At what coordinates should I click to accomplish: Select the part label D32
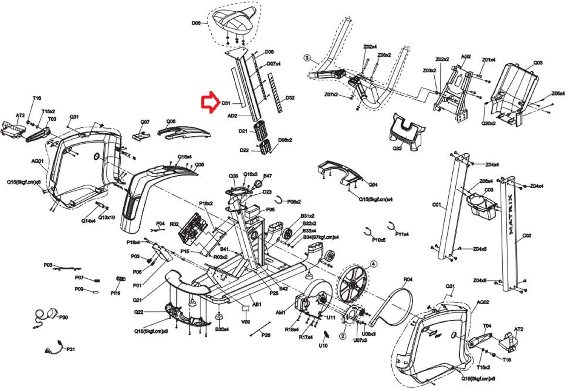pyautogui.click(x=290, y=98)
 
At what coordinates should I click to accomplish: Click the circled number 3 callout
pyautogui.click(x=307, y=58)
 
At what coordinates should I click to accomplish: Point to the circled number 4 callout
pyautogui.click(x=374, y=264)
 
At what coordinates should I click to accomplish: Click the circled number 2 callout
pyautogui.click(x=343, y=336)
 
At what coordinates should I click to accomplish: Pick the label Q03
pyautogui.click(x=538, y=62)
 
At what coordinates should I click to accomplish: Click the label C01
pyautogui.click(x=436, y=205)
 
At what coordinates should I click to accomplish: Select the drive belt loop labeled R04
pyautogui.click(x=389, y=302)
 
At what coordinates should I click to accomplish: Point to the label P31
pyautogui.click(x=70, y=349)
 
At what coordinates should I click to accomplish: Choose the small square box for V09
pyautogui.click(x=246, y=308)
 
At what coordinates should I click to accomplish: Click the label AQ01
pyautogui.click(x=37, y=161)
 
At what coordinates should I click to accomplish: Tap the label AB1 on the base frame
pyautogui.click(x=257, y=304)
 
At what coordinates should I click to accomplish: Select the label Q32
pyautogui.click(x=397, y=148)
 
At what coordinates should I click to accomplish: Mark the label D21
pyautogui.click(x=243, y=131)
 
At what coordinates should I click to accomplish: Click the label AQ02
pyautogui.click(x=483, y=302)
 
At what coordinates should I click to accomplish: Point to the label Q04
pyautogui.click(x=373, y=185)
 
